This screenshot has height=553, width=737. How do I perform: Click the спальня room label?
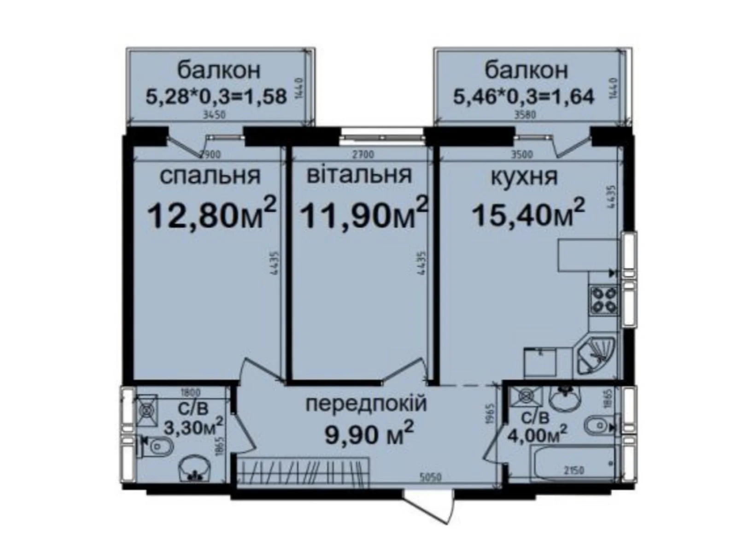click(x=210, y=176)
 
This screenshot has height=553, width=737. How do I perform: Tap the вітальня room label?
click(x=359, y=175)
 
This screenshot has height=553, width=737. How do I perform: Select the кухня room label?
click(x=524, y=177)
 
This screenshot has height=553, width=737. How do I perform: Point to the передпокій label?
click(x=367, y=405)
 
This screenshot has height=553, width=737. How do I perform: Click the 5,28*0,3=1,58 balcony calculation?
click(x=216, y=97)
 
